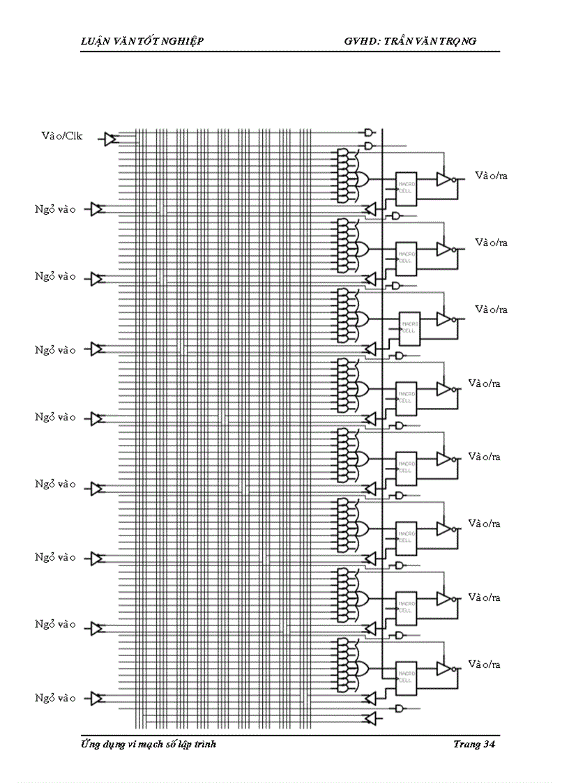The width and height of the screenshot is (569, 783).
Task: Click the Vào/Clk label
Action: click(x=62, y=136)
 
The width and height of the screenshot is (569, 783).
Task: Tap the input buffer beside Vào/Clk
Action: click(x=109, y=139)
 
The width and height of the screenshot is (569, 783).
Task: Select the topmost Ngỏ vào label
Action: click(x=56, y=209)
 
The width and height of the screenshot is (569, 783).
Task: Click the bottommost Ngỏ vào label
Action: click(x=56, y=698)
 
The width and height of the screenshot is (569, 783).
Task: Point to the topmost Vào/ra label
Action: click(x=491, y=176)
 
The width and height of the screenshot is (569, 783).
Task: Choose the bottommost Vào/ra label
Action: click(x=484, y=664)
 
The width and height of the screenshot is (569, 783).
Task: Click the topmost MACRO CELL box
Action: click(x=406, y=188)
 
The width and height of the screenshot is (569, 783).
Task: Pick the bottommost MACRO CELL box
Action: click(x=406, y=676)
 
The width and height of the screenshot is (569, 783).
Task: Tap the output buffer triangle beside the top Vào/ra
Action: click(x=443, y=179)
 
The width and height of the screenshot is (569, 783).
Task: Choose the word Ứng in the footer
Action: click(x=90, y=745)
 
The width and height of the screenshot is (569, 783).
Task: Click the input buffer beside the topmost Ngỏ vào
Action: click(x=98, y=209)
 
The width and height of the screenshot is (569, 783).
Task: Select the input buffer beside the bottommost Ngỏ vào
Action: click(x=98, y=698)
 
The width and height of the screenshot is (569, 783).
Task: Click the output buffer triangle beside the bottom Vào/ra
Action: click(x=443, y=668)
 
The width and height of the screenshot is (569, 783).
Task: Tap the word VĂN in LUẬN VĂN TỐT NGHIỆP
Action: click(x=127, y=41)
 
